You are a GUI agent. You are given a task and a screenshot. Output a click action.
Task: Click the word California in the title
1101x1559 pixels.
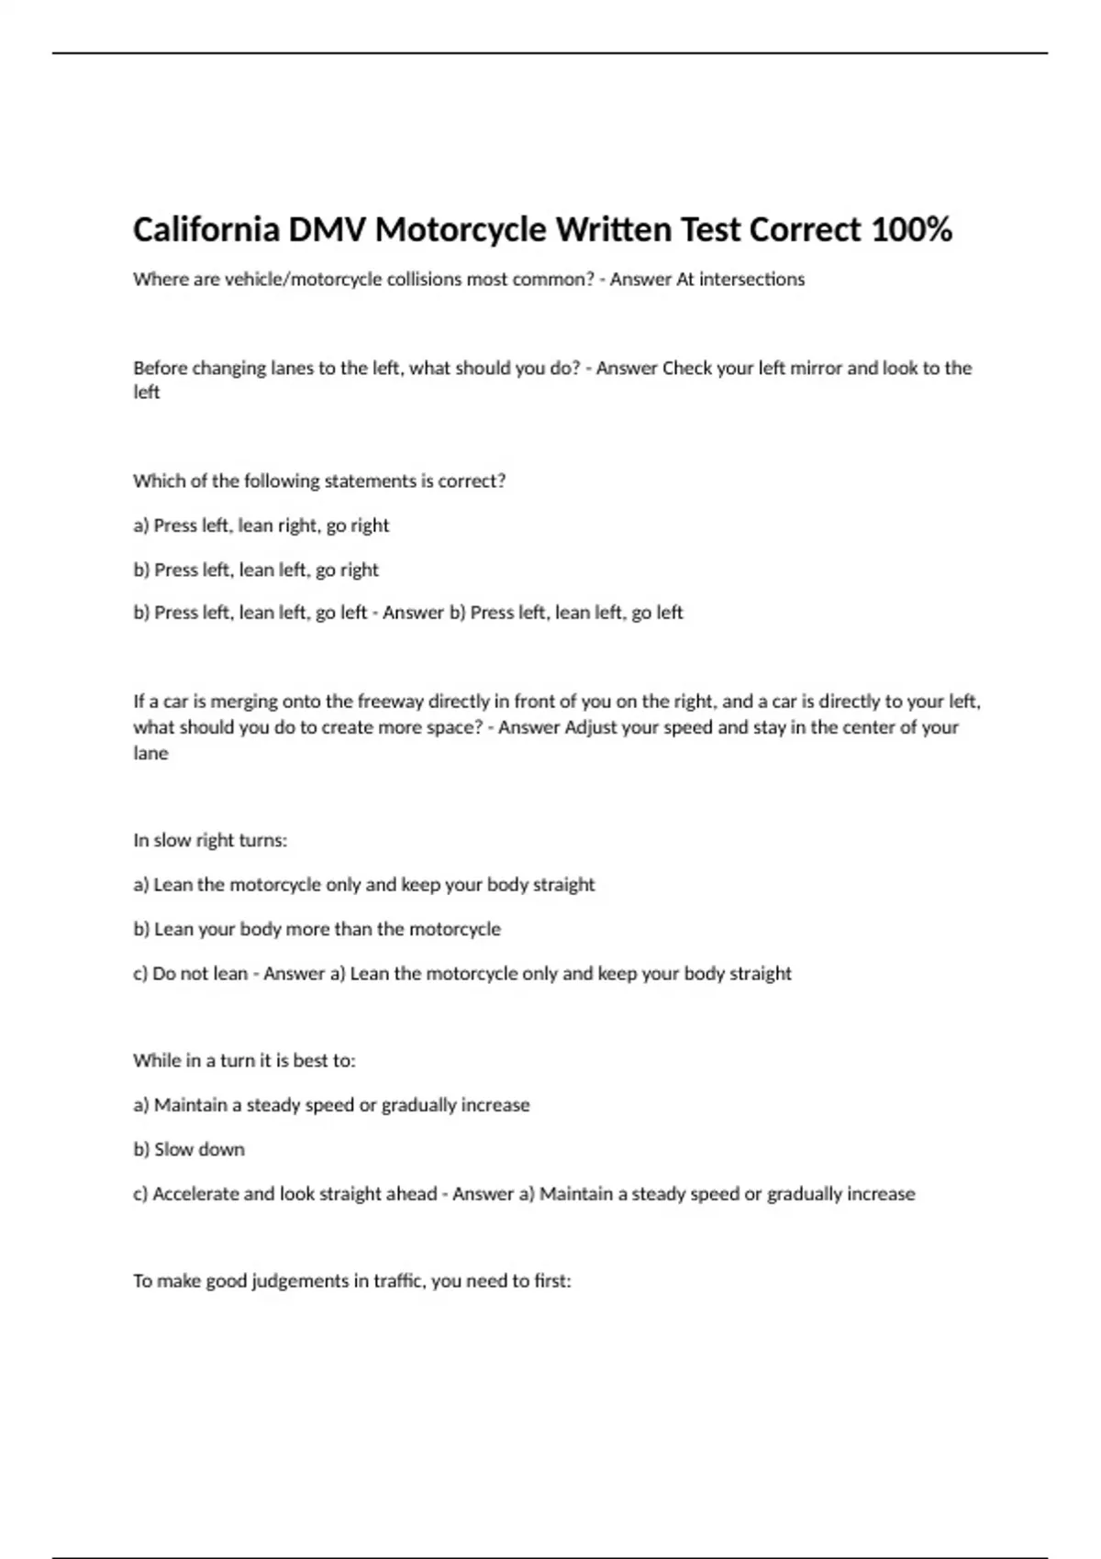tap(206, 229)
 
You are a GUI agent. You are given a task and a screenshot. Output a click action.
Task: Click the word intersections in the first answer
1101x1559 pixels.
tap(751, 279)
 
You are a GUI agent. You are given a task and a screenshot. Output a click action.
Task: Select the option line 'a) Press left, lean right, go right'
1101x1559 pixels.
tap(261, 525)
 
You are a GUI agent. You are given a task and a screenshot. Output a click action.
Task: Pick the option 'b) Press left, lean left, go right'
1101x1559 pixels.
tap(256, 569)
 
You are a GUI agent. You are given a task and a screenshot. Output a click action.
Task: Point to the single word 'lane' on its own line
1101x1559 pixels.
tap(150, 753)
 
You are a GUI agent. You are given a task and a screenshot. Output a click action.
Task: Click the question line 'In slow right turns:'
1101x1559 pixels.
tap(210, 840)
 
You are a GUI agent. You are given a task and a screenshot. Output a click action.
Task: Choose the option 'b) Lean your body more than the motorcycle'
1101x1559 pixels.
tap(317, 929)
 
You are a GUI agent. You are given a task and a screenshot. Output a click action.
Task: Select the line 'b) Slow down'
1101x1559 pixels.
tap(189, 1149)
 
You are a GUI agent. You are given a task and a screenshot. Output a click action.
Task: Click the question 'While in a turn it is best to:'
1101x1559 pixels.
tap(244, 1060)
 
